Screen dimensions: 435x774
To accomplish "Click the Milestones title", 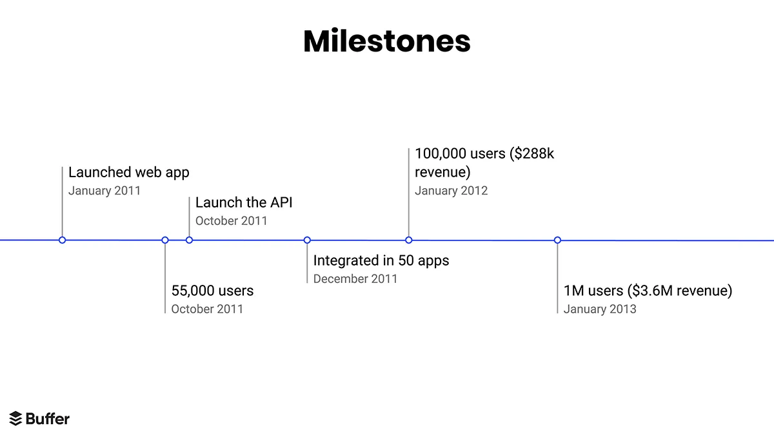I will tap(387, 41).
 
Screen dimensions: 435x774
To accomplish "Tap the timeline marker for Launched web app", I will tap(62, 240).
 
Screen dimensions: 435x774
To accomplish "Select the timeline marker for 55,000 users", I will tap(165, 240).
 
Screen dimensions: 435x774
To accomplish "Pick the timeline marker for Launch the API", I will tap(189, 240).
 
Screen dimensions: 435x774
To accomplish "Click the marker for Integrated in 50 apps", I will tap(307, 240).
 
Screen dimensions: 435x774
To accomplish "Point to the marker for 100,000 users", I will tap(409, 240).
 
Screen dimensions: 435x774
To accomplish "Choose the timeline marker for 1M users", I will tap(558, 240).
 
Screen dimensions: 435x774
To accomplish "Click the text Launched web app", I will tap(128, 172).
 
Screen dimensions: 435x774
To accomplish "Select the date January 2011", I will tap(104, 191).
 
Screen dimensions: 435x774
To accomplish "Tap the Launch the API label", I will tap(244, 202).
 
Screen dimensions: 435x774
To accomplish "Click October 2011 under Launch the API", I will tap(231, 221).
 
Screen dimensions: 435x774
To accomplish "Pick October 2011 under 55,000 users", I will tap(207, 309).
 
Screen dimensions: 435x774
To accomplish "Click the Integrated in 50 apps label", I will tap(381, 260).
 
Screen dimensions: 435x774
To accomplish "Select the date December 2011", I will tap(355, 279).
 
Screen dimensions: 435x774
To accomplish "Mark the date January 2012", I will tap(451, 191).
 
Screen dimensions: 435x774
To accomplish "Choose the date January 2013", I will tap(600, 309).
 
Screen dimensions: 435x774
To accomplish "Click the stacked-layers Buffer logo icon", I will tap(15, 419).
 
